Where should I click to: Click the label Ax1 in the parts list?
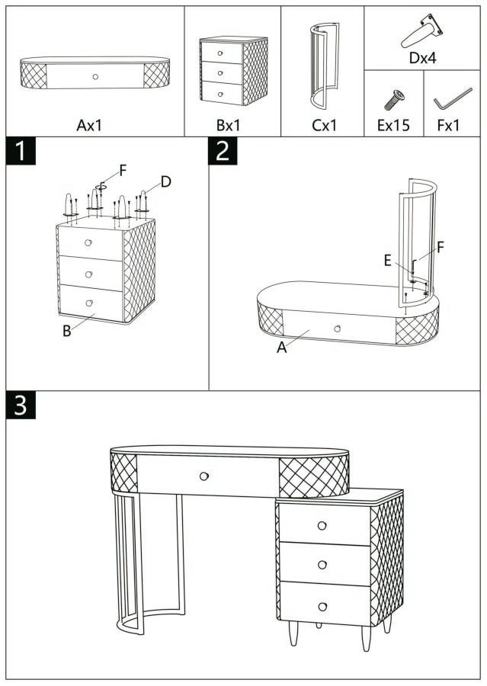coord(89,125)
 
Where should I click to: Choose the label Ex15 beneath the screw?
coord(393,125)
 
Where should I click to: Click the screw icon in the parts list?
coord(393,99)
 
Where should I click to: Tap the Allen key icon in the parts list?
coord(453,99)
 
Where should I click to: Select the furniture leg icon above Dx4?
coord(422,31)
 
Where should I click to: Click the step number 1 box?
coord(21,151)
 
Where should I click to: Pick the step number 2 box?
coord(223,151)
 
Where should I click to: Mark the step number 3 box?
coord(21,406)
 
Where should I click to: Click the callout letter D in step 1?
coord(165,181)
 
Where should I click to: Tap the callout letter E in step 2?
coord(388,261)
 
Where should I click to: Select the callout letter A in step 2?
coord(281,348)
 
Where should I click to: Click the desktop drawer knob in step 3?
coord(203,476)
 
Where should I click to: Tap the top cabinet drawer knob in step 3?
coord(322,525)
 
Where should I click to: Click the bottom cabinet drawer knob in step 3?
coord(322,606)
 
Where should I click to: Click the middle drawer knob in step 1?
coord(89,274)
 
